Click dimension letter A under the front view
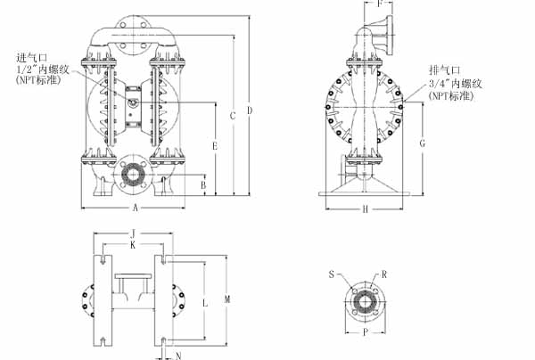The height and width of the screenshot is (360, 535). coord(134,209)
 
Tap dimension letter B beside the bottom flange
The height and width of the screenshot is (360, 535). coord(203,184)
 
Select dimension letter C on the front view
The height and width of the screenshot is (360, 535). coord(232,116)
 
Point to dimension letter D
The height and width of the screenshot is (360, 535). coord(250,110)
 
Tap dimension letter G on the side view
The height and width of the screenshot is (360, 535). coord(423,143)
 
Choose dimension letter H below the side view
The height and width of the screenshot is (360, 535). coord(366,209)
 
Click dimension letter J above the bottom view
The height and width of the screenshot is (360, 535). coord(132,233)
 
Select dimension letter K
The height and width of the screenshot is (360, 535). coord(133,244)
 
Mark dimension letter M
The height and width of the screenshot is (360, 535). coord(228,298)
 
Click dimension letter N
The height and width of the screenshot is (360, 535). coord(179,356)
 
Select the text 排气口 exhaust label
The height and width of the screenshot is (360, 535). coord(444,70)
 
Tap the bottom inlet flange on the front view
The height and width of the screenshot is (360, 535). coord(134,174)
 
